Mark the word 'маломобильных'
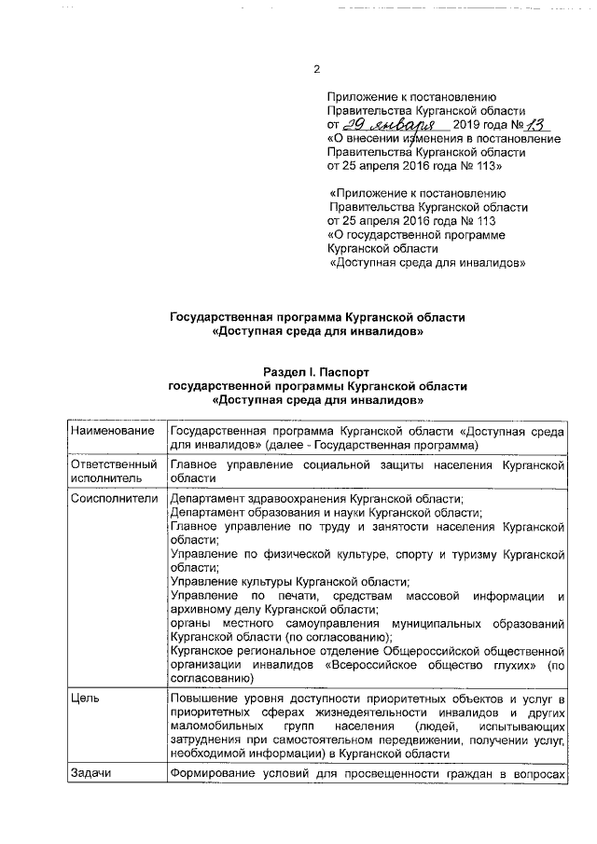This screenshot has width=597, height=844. pyautogui.click(x=214, y=725)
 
